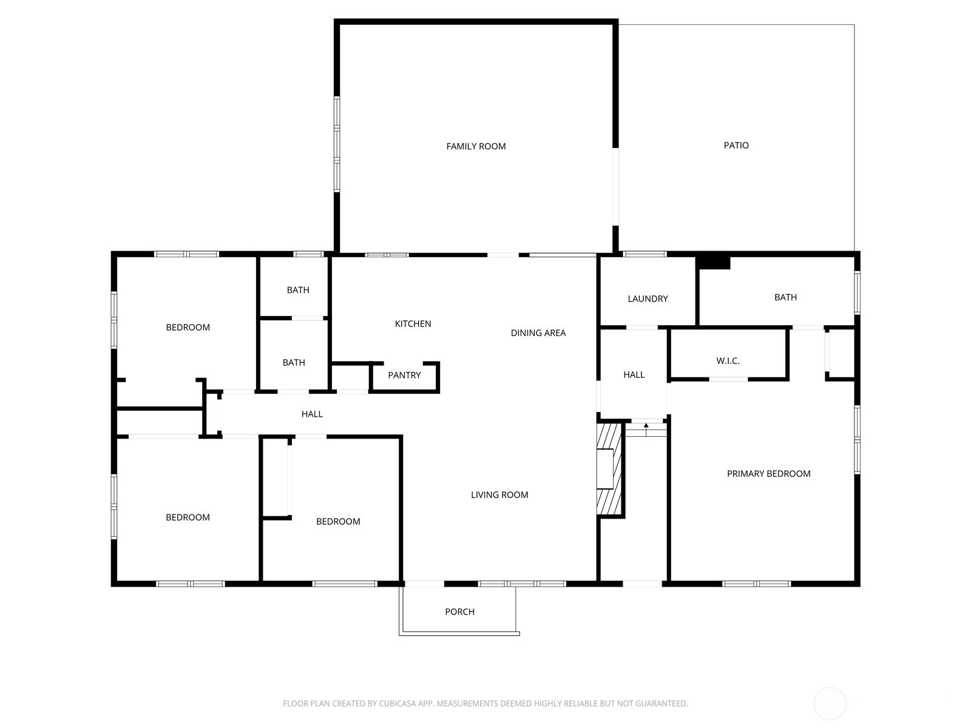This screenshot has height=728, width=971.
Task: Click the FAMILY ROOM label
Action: [476, 146]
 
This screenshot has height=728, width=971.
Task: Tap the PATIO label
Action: [736, 146]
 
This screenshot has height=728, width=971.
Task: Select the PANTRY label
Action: [404, 376]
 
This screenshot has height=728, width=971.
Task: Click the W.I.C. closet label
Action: [728, 361]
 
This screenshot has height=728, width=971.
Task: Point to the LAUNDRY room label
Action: [648, 299]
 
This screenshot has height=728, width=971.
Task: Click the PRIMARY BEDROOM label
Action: [768, 474]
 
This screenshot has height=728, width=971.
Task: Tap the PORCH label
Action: [459, 612]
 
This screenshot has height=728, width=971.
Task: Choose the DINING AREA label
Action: [538, 333]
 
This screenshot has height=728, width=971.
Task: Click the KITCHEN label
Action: [413, 324]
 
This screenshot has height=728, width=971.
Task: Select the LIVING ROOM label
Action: [499, 495]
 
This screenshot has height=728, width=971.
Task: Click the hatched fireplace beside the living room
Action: [609, 469]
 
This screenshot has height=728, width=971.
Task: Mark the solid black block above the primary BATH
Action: [713, 262]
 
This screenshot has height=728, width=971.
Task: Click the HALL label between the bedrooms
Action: [312, 414]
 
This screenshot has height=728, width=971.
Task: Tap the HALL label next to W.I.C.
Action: [634, 375]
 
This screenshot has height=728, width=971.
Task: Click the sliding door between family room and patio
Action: [615, 187]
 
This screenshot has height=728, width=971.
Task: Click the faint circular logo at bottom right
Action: [829, 704]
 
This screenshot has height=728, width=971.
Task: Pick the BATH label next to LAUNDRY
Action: [785, 297]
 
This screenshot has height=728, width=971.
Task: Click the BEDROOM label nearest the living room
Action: [338, 522]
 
